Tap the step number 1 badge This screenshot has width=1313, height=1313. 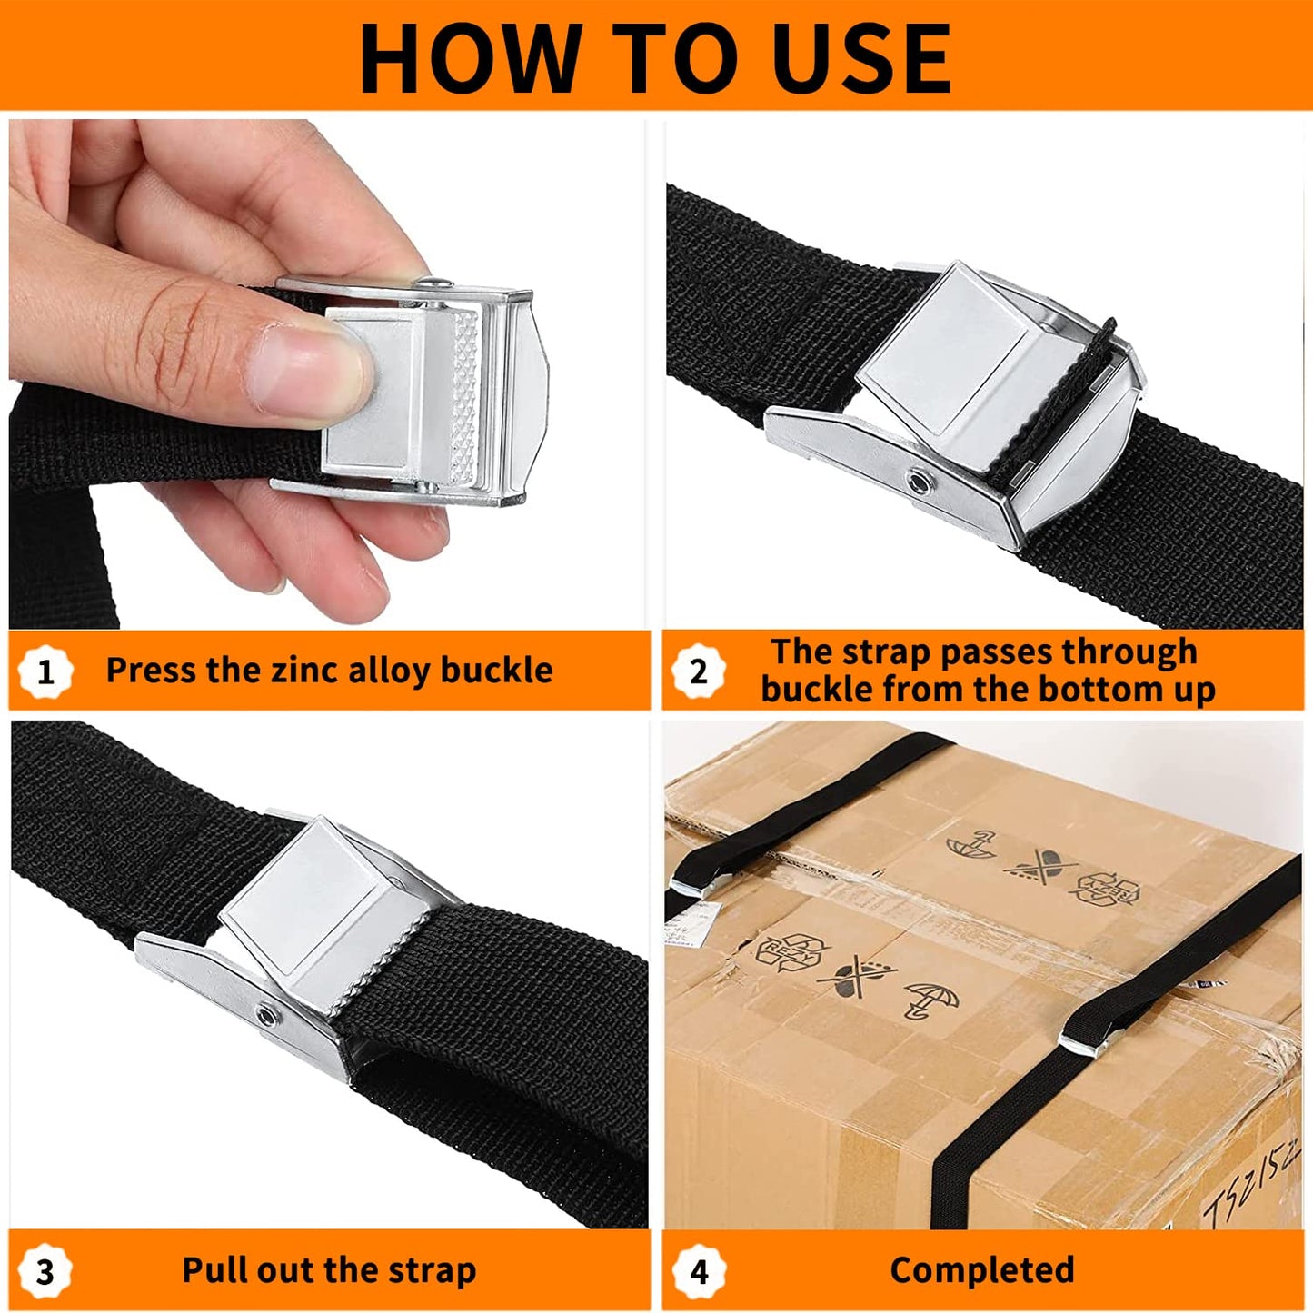[45, 671]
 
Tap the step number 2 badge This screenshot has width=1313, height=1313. [698, 671]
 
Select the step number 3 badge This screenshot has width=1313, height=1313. [45, 1271]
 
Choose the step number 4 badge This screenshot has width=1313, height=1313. [698, 1271]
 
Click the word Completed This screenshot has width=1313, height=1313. [981, 1269]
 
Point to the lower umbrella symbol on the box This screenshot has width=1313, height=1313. [931, 1000]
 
